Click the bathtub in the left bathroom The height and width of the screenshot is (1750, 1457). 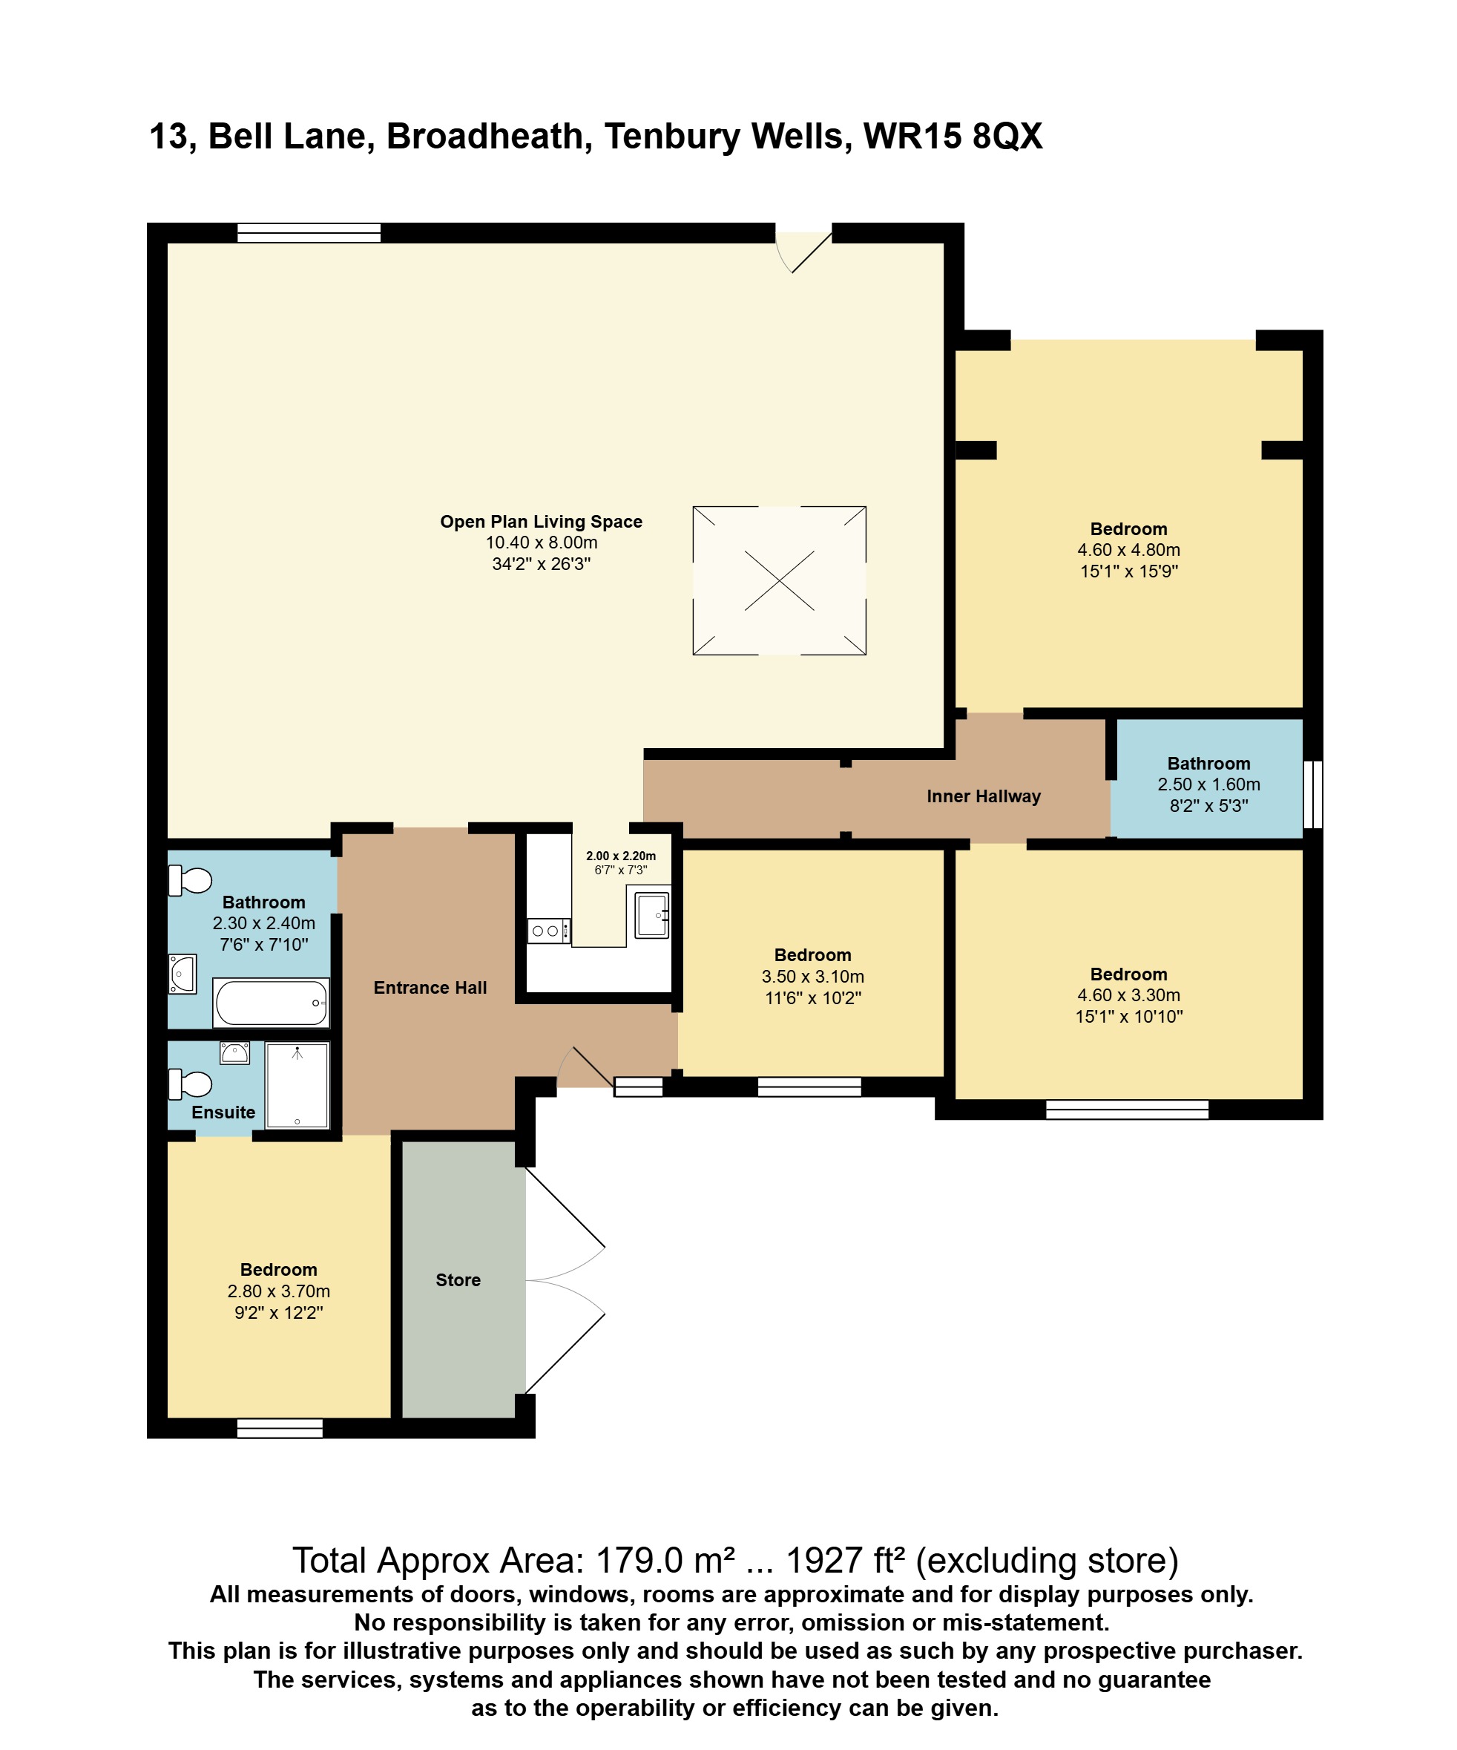(272, 1003)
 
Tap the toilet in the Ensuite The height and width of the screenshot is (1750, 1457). (191, 1084)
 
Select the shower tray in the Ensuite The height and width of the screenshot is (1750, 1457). (297, 1085)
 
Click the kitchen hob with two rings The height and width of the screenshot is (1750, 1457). (547, 931)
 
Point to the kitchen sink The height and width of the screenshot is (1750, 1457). (651, 914)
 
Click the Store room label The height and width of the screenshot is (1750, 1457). (458, 1280)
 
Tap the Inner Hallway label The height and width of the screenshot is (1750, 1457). (983, 796)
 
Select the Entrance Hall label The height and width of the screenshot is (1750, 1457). (430, 988)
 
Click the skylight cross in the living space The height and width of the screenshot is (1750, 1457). (779, 581)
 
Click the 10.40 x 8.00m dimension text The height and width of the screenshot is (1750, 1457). (542, 543)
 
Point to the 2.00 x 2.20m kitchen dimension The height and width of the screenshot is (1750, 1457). (621, 856)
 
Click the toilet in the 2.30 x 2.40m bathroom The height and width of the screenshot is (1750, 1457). (191, 880)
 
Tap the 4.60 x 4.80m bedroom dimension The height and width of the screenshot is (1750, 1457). (1128, 550)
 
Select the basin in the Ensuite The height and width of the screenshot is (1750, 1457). (235, 1052)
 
